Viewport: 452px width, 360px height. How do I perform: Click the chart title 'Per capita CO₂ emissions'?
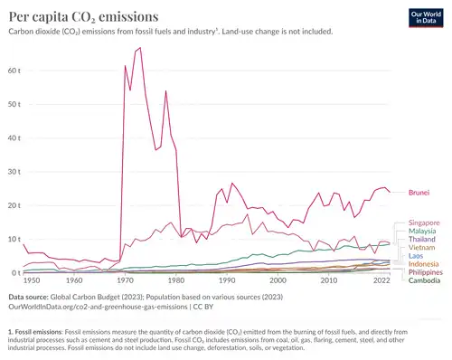tap(81, 16)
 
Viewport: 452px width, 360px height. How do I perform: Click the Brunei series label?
tap(419, 193)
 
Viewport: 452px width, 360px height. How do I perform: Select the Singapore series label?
tap(424, 223)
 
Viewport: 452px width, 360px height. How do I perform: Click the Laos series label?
tap(417, 257)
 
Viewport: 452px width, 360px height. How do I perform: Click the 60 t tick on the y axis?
tap(14, 70)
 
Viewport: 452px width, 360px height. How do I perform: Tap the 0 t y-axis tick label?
tap(15, 272)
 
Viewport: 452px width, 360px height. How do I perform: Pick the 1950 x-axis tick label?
tap(31, 282)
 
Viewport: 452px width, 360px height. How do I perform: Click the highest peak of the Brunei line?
tap(140, 48)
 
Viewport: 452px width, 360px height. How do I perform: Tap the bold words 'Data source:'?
tap(31, 297)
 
